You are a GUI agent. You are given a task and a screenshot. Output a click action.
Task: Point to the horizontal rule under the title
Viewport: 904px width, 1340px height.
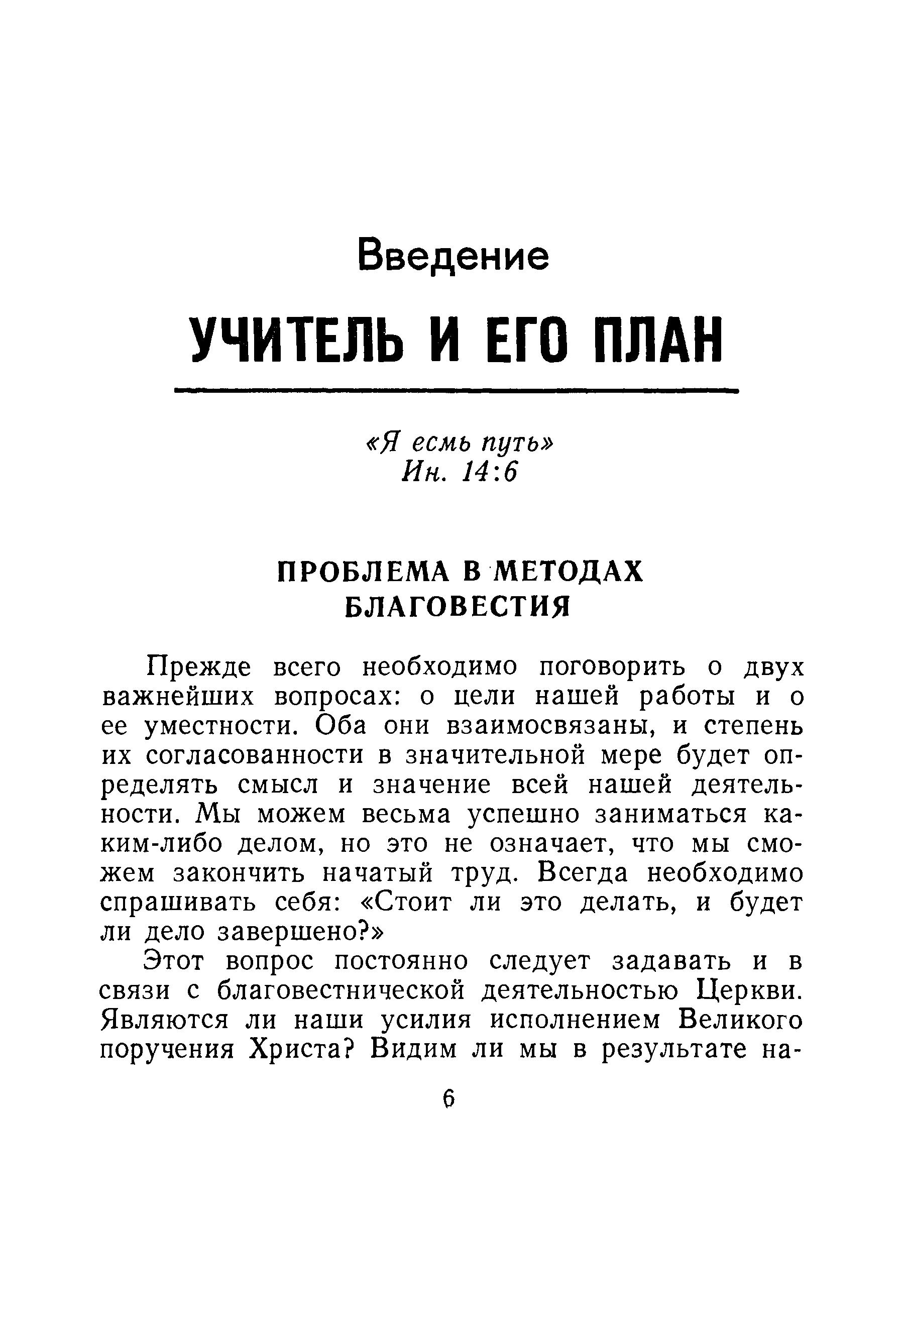pyautogui.click(x=456, y=390)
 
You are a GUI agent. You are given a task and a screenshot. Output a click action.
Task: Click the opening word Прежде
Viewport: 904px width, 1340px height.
pyautogui.click(x=199, y=667)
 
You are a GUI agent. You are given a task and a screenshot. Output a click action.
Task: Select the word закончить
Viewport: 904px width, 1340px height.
pyautogui.click(x=238, y=873)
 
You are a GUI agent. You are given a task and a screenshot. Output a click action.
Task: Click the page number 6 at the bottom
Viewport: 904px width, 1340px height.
pyautogui.click(x=449, y=1099)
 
